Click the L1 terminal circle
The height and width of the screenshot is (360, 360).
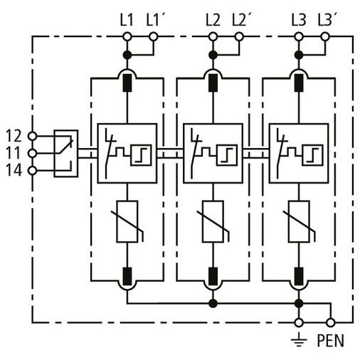click(127, 37)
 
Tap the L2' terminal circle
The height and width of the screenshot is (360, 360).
click(239, 37)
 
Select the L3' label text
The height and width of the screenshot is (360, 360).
click(327, 20)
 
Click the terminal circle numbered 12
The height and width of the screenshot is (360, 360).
click(32, 136)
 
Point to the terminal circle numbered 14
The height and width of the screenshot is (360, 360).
click(32, 171)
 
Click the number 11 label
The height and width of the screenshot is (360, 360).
click(14, 153)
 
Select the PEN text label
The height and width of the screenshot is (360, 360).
click(331, 341)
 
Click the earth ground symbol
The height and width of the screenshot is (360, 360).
click(299, 339)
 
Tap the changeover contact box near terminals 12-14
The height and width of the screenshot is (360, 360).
click(66, 154)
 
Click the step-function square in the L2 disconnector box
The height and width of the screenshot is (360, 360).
click(227, 155)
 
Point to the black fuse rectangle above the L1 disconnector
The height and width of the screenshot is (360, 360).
click(127, 83)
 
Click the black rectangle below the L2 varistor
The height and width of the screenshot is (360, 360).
click(213, 277)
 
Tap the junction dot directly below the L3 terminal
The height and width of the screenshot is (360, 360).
click(299, 55)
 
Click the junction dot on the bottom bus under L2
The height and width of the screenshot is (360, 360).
click(213, 303)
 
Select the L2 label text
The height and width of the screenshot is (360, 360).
click(213, 20)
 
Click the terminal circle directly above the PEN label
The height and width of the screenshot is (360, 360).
click(331, 323)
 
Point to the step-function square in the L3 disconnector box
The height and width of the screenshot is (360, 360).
click(312, 155)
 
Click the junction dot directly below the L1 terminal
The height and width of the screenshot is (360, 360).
click(127, 55)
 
